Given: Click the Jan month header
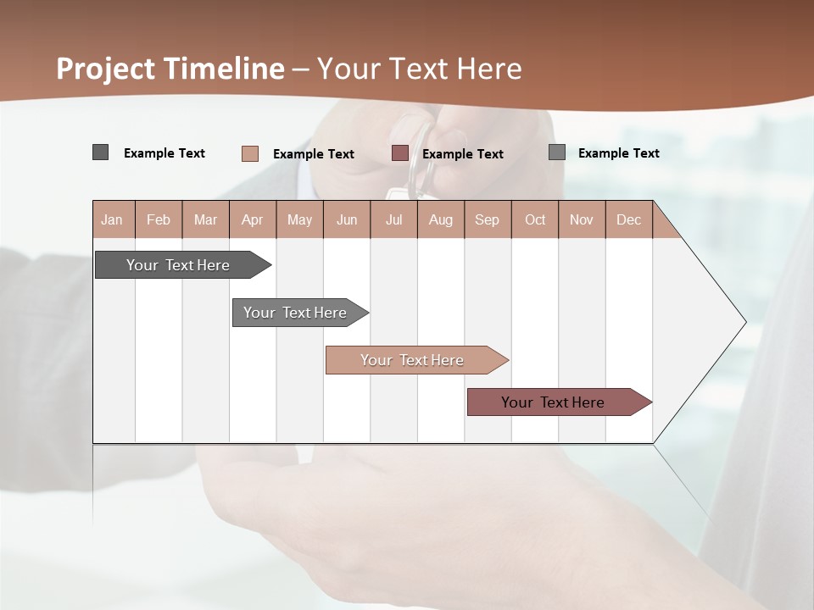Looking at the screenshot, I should [112, 219].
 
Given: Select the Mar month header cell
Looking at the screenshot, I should [205, 219].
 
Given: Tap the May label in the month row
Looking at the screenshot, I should [299, 219].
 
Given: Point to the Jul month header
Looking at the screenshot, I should [393, 219].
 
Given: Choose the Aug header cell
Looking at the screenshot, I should [440, 219].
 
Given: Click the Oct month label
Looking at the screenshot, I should [535, 219].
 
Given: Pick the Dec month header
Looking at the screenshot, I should [628, 219].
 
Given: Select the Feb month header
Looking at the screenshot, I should [159, 219].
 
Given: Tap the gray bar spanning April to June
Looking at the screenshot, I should [295, 313].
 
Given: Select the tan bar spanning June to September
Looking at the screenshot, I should [412, 360].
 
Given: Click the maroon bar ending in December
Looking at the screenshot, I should [553, 402].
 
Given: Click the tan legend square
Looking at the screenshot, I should [250, 153].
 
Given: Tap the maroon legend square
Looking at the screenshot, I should [400, 153].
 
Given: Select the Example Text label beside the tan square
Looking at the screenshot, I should [314, 154].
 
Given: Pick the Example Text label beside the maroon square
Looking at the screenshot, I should [463, 154].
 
